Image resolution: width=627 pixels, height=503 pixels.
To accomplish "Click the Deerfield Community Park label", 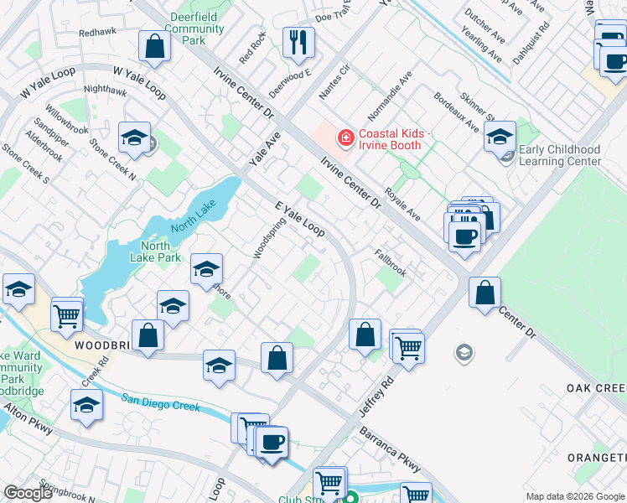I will pos(194,28).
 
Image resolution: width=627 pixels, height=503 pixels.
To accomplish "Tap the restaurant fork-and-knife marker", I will pos(298,42).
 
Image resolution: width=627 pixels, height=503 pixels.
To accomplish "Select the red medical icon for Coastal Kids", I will pos(344,137).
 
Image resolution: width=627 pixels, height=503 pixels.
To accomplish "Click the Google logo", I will pos(28,493).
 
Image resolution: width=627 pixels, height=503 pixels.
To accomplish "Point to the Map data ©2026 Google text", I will pos(574,495).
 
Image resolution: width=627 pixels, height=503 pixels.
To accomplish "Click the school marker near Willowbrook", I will pos(134,139).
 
